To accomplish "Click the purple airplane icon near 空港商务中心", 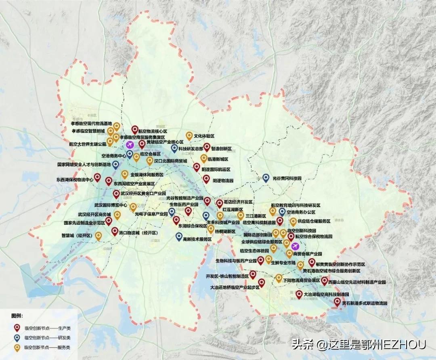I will coord(130,145).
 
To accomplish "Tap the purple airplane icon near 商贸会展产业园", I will coord(295,246).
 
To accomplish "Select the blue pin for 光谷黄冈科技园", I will coord(266,178).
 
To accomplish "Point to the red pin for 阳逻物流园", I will coord(206,179).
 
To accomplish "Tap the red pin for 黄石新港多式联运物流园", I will coord(337,302).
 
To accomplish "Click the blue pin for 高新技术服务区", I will coord(179,237).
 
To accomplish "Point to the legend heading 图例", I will coord(17,316).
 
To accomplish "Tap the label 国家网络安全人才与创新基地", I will coord(84,165).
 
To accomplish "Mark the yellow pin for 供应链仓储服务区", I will coord(293,221).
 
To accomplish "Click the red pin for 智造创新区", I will coord(207,147).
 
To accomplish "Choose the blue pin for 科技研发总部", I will coord(174,148).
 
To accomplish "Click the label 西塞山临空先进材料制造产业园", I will coord(357,282).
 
